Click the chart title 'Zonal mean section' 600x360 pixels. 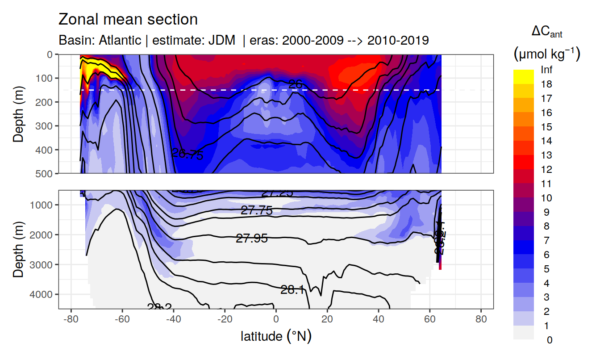click(x=128, y=20)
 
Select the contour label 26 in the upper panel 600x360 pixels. click(x=296, y=84)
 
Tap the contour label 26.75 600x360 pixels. click(x=187, y=155)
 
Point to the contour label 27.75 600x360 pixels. click(x=256, y=210)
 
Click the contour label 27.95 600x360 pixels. click(x=252, y=239)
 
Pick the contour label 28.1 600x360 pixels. click(x=293, y=290)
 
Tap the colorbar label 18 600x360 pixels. click(x=546, y=84)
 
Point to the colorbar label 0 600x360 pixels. click(x=549, y=340)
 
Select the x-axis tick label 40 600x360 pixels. click(x=379, y=320)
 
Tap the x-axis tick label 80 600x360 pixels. click(x=481, y=320)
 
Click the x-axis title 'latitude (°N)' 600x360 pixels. click(x=276, y=336)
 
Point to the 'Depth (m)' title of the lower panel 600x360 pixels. click(x=19, y=249)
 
